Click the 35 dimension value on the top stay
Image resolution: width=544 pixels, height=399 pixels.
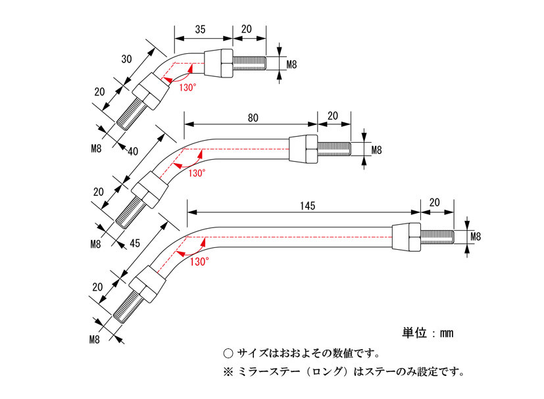(x=201, y=29)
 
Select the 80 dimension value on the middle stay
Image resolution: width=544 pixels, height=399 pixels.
(x=253, y=118)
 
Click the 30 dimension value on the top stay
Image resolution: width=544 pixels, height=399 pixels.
(x=127, y=59)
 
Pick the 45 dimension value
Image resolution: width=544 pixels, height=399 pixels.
(x=135, y=243)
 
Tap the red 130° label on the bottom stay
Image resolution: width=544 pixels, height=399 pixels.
(x=199, y=261)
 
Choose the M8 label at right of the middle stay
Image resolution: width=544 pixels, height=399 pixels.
(x=376, y=150)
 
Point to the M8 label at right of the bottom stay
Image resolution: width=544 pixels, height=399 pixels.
(x=478, y=236)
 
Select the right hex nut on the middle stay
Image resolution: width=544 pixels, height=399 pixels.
(x=303, y=150)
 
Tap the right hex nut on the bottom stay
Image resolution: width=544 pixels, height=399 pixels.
(x=406, y=237)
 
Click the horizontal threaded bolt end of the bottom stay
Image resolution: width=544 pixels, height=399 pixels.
(x=437, y=236)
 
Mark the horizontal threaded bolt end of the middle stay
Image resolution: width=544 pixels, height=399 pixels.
(x=334, y=150)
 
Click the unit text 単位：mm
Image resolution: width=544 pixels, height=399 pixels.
(x=428, y=333)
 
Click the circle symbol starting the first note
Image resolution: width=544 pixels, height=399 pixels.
(x=228, y=353)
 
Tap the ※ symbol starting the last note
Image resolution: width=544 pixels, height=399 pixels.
(x=228, y=372)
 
